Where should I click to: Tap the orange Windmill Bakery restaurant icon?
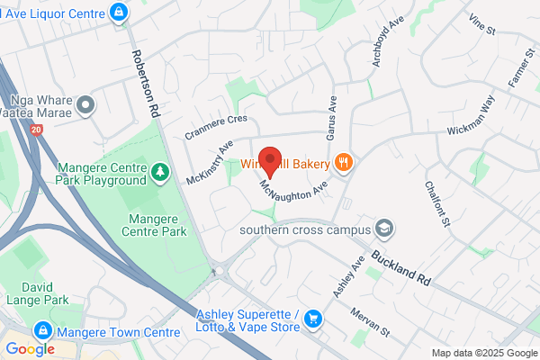pyautogui.click(x=343, y=163)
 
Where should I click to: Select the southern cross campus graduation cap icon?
pyautogui.click(x=384, y=228)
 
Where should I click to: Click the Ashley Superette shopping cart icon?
pyautogui.click(x=313, y=319)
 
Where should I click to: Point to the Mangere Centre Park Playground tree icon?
pyautogui.click(x=160, y=170)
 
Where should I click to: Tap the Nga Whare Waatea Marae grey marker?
pyautogui.click(x=86, y=106)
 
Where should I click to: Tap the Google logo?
pyautogui.click(x=30, y=348)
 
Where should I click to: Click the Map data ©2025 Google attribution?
pyautogui.click(x=483, y=353)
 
